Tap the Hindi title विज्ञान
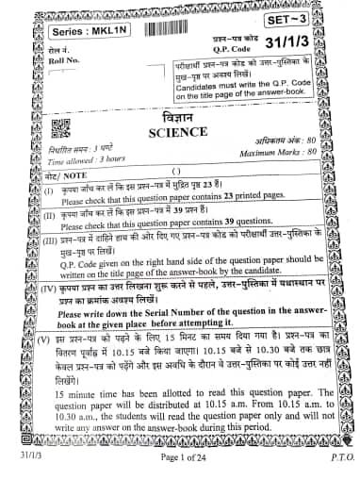pyautogui.click(x=179, y=118)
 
